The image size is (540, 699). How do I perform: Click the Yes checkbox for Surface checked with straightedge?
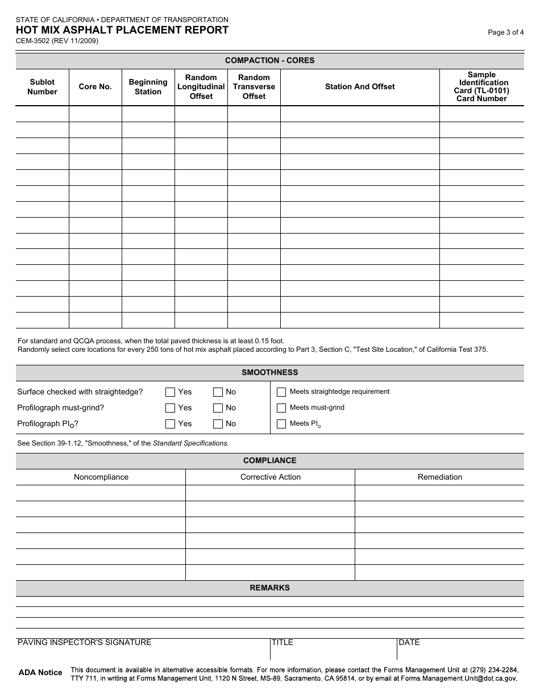[170, 392]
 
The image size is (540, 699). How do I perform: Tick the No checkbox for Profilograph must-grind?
[218, 407]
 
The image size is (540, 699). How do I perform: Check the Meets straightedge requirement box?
[281, 392]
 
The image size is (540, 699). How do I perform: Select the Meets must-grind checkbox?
[281, 407]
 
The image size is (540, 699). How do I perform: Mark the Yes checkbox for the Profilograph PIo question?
[170, 423]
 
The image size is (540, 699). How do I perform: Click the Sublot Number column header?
[42, 87]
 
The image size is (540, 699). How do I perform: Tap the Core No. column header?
[95, 87]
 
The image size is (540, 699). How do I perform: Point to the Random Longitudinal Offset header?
[201, 87]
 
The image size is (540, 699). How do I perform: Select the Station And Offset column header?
[360, 87]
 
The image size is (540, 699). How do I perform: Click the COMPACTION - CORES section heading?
[269, 60]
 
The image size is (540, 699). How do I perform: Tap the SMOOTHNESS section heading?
[269, 373]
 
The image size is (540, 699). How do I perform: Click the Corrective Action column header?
[271, 477]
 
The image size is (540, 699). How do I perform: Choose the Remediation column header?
[440, 477]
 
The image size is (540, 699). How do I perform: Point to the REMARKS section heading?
[269, 588]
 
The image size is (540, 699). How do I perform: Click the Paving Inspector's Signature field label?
[85, 643]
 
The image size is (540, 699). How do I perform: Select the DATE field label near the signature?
[409, 643]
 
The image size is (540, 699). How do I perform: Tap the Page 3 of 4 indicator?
[506, 32]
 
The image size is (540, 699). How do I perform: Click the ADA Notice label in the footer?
[40, 673]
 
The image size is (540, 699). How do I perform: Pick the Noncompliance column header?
[101, 477]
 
